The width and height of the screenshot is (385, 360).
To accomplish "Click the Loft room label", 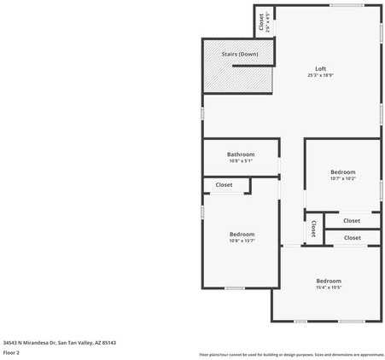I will [321, 69].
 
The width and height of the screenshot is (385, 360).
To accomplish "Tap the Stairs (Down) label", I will [239, 54].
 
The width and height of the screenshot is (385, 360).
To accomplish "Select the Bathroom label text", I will [241, 154].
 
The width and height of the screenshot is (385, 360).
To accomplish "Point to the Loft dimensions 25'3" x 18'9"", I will [321, 76].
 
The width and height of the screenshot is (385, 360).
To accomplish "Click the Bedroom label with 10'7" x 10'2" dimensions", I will [343, 172].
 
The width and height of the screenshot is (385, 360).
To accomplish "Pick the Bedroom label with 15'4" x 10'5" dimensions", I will [329, 281].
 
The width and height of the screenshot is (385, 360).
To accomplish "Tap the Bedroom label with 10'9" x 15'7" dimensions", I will [242, 234].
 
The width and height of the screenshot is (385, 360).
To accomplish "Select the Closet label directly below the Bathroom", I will [224, 184].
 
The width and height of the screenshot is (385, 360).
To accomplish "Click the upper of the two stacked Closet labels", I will [352, 221].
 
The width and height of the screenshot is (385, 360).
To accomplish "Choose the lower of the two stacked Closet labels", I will [352, 238].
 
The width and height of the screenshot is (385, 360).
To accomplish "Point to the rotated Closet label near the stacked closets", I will [313, 229].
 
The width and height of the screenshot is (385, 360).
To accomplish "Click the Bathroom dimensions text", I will [241, 161].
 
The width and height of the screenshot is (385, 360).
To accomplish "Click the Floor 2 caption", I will [12, 351].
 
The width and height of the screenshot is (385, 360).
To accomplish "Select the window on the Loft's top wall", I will [344, 6].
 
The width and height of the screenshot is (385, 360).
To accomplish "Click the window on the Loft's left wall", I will [202, 113].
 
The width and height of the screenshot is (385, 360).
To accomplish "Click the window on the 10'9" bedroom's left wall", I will [202, 211].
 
